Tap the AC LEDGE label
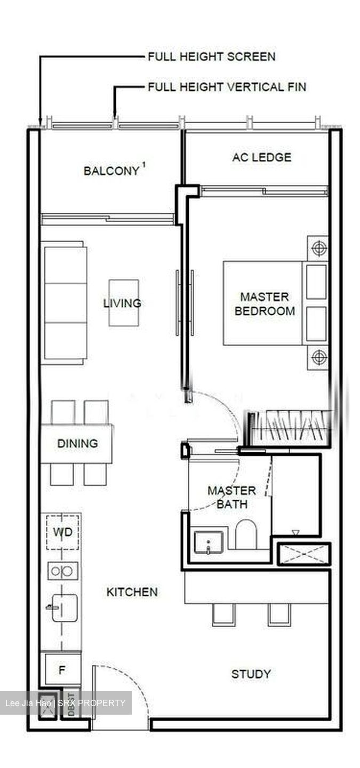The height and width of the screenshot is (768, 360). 261,157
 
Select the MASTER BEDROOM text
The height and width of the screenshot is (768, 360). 265,303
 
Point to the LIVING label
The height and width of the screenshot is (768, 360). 122,303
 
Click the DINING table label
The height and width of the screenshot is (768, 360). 78,443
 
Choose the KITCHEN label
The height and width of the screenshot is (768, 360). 132,592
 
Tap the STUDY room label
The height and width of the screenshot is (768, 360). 251,674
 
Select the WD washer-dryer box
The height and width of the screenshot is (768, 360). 62,532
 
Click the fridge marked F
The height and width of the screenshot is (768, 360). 61,670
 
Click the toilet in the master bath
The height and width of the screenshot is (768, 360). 246,534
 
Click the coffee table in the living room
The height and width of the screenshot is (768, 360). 124,302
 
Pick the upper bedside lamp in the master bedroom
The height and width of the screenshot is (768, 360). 318,247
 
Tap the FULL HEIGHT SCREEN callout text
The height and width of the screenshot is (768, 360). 211,57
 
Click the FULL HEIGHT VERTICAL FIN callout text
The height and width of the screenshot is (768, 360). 227,86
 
